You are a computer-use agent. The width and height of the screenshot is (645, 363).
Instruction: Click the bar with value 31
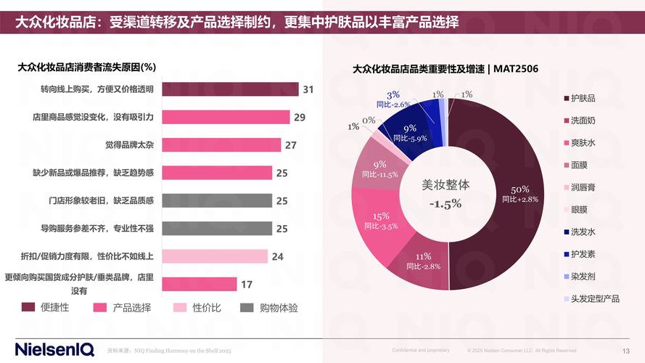pos(229,89)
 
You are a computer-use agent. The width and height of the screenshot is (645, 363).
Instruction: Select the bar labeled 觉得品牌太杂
pos(221,144)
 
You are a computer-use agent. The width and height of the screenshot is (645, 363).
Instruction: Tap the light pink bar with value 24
pos(215,256)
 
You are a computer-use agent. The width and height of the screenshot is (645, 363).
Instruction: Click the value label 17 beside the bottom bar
pos(247,284)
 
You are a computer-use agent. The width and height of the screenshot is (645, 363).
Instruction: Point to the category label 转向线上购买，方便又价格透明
pos(97,89)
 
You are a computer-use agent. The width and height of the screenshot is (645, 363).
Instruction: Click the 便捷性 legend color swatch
pos(28,308)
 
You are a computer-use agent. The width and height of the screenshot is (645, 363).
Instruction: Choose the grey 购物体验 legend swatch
pos(247,308)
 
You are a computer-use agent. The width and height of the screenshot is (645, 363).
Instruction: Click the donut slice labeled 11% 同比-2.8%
pos(421,261)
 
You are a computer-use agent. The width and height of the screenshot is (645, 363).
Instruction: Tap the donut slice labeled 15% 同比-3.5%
pos(381,221)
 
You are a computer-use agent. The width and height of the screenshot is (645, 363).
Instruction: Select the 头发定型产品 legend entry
pos(595,298)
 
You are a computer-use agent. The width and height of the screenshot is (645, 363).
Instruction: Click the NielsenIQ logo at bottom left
pos(54,349)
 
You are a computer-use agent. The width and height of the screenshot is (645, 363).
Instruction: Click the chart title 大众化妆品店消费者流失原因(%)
pos(87,67)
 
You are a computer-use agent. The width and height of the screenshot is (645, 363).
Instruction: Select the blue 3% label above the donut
pos(393,95)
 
